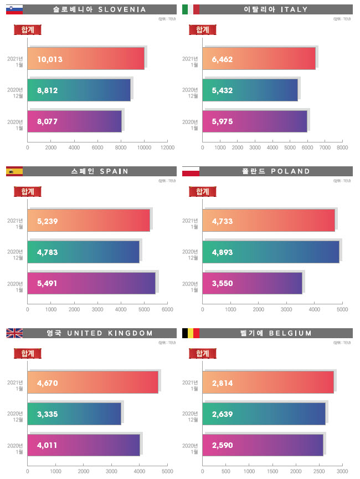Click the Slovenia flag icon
(x=14, y=9)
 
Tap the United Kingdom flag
(x=14, y=333)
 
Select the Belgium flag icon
(x=191, y=333)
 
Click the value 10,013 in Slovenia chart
(x=50, y=59)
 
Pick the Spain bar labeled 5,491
(x=91, y=283)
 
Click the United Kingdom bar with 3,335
(x=74, y=414)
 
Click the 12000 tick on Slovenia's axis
(x=167, y=147)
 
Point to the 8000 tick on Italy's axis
(x=342, y=147)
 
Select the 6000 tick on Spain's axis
(x=167, y=309)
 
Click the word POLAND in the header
(x=291, y=171)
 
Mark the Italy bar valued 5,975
(x=255, y=121)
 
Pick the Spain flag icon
(x=14, y=171)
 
